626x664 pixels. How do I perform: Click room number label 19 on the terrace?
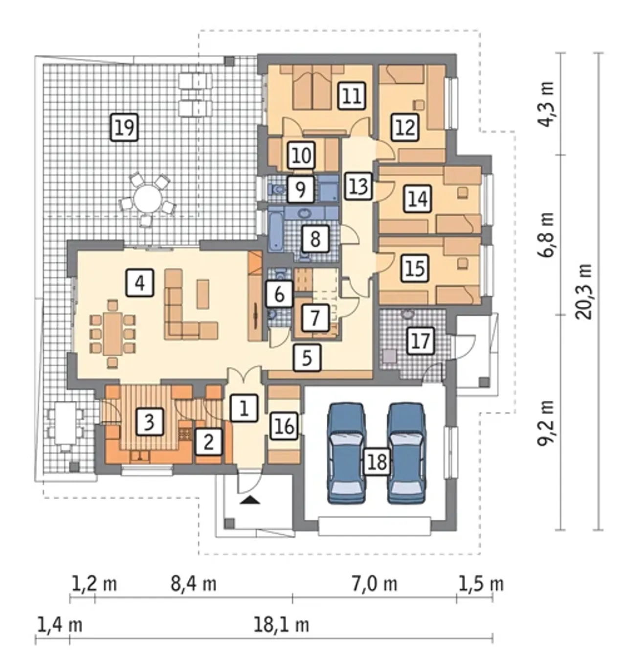[x=124, y=127]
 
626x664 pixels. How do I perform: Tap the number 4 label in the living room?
[x=140, y=283]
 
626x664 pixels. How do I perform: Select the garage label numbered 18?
[x=377, y=462]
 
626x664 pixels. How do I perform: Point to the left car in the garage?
[x=346, y=453]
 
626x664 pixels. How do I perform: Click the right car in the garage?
[x=407, y=453]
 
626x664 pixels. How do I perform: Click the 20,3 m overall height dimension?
[x=583, y=291]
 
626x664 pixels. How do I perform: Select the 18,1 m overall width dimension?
[x=281, y=625]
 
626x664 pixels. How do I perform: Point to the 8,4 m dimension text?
[x=194, y=584]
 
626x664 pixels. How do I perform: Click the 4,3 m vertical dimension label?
[x=546, y=104]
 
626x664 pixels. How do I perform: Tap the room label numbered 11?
[x=352, y=95]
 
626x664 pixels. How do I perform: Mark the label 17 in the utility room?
[x=421, y=341]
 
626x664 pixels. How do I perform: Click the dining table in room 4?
[x=113, y=334]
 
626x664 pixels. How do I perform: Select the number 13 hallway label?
[x=358, y=186]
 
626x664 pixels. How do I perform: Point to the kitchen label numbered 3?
[x=149, y=421]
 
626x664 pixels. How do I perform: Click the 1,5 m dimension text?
[x=481, y=584]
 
